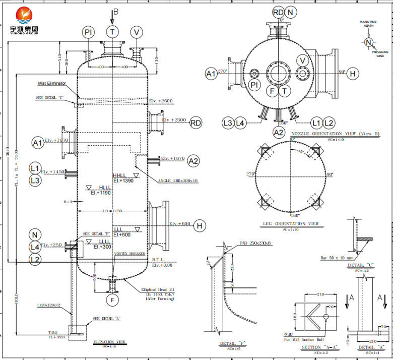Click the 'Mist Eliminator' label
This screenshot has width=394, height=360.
pos(52,83)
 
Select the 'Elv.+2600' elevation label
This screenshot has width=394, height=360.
pos(161,101)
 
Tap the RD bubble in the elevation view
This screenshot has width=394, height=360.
pos(196,123)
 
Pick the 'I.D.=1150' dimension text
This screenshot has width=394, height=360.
pos(112,210)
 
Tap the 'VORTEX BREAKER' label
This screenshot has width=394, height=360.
pos(130,254)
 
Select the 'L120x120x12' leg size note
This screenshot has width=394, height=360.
pos(48,306)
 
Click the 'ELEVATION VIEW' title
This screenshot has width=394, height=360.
pos(109,342)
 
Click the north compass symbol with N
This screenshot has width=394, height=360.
pos(368,42)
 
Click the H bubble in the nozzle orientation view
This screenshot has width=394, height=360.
pos(352,74)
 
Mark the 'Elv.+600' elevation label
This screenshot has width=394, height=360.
pos(179,224)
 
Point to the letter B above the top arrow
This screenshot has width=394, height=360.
pos(116,11)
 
